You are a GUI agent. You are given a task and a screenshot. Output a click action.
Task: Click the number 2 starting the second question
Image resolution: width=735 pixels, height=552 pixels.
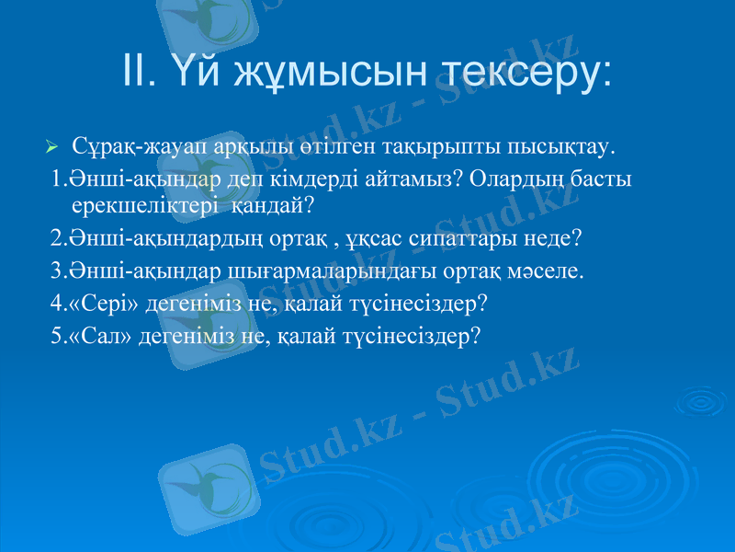tap(57, 239)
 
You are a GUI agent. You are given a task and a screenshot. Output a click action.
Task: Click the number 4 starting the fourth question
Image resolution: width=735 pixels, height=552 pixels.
tap(57, 303)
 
